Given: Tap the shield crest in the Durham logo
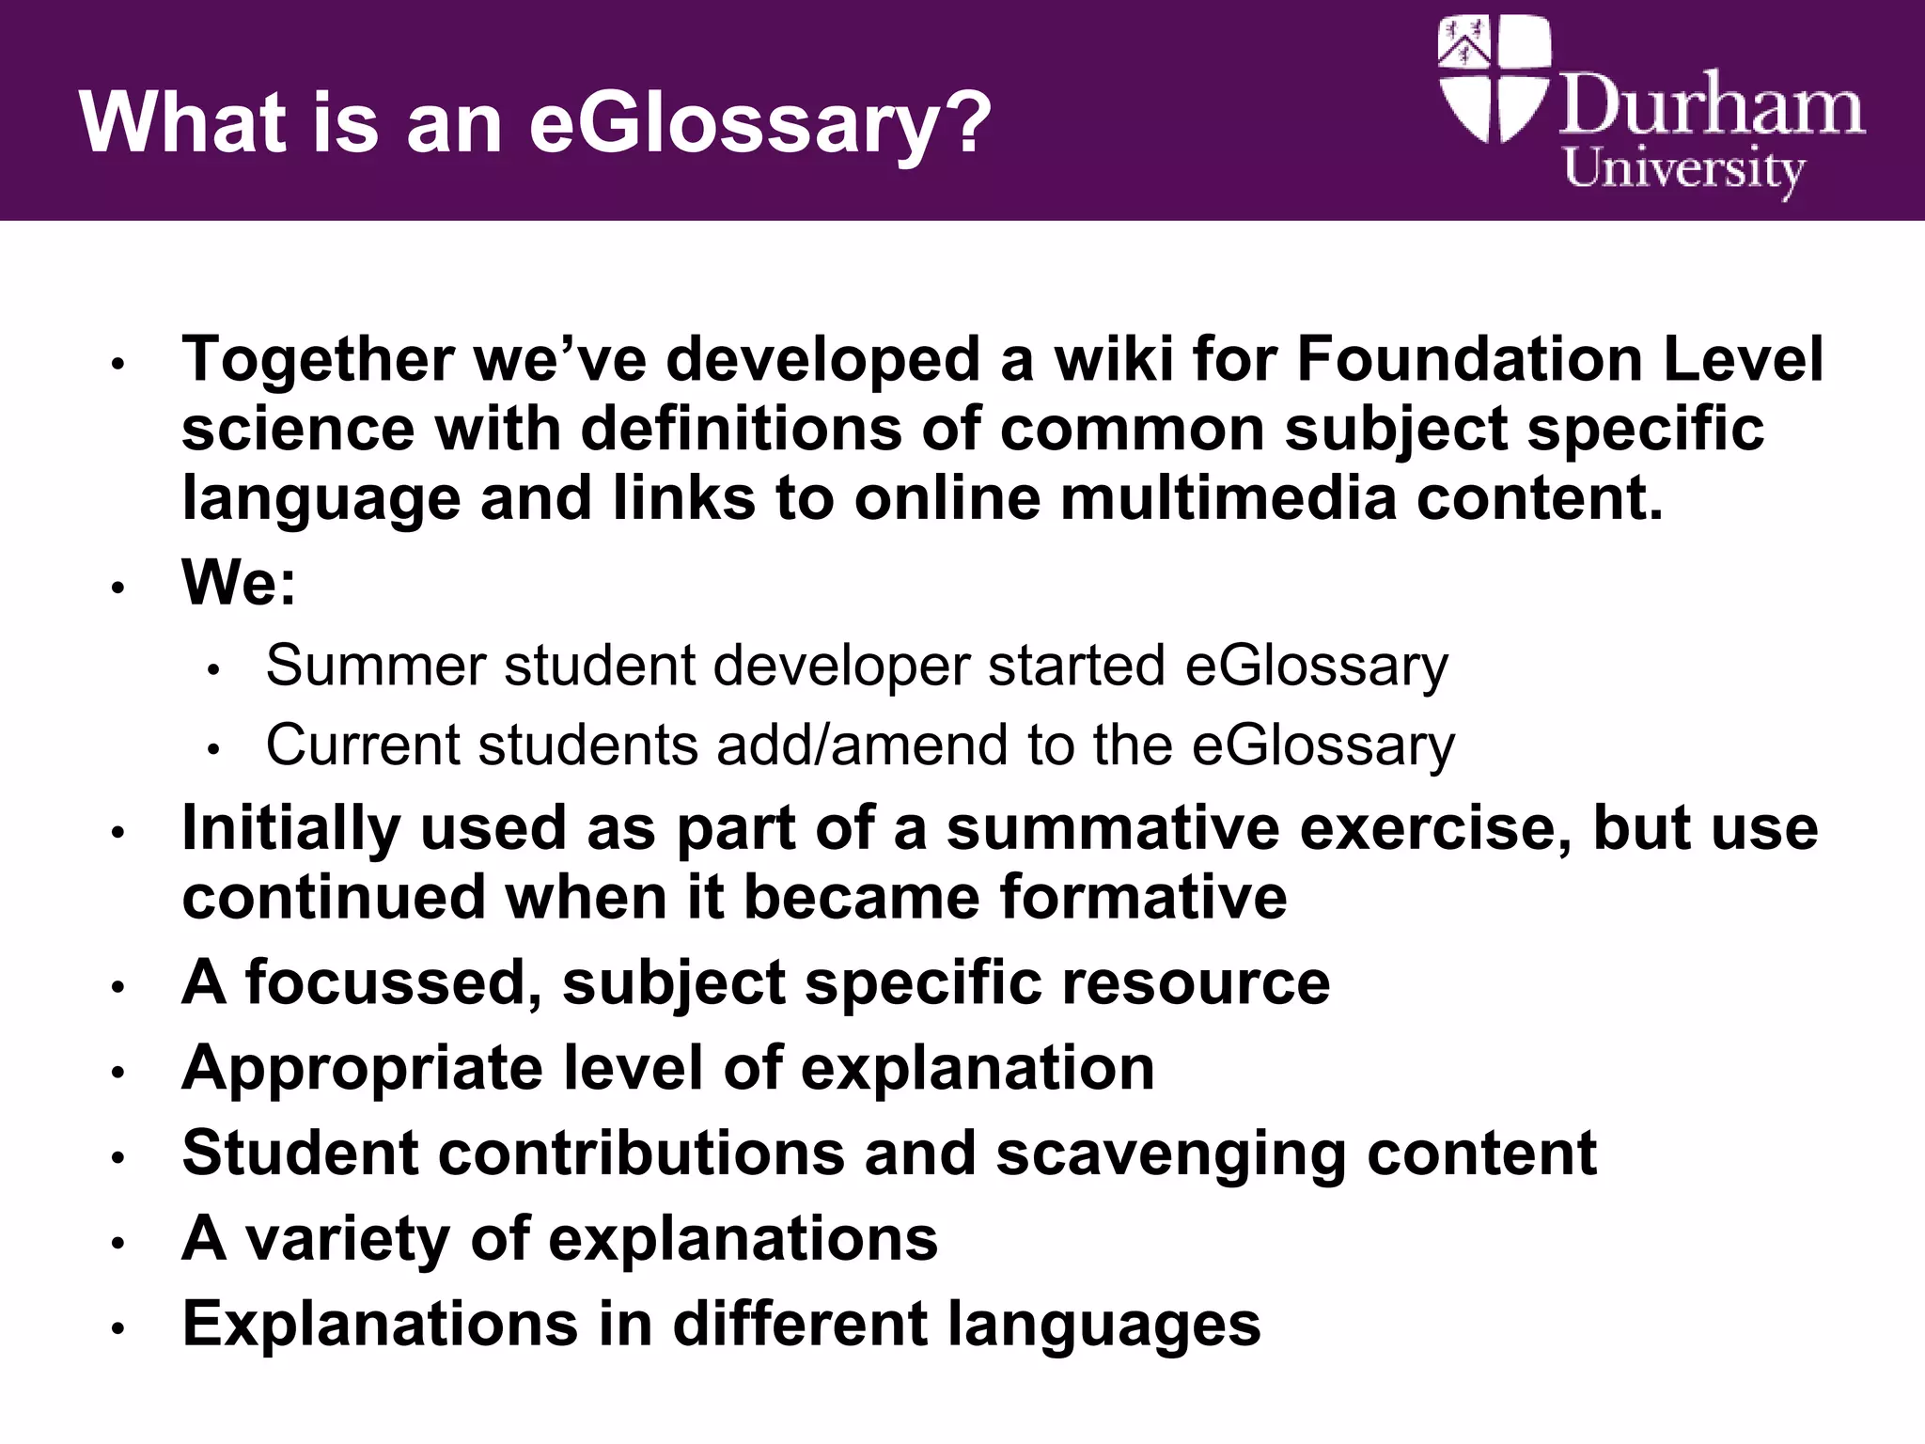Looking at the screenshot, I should pos(1493,79).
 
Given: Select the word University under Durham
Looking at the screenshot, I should pos(1683,170).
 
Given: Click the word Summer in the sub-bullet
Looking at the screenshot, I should pos(376,666).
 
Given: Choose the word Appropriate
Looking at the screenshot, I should pos(363,1068).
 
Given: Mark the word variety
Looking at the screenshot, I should pos(348,1238).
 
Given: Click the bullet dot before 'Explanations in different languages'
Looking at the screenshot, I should pos(117,1328).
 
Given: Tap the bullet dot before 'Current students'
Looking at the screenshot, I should pos(213,749).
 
